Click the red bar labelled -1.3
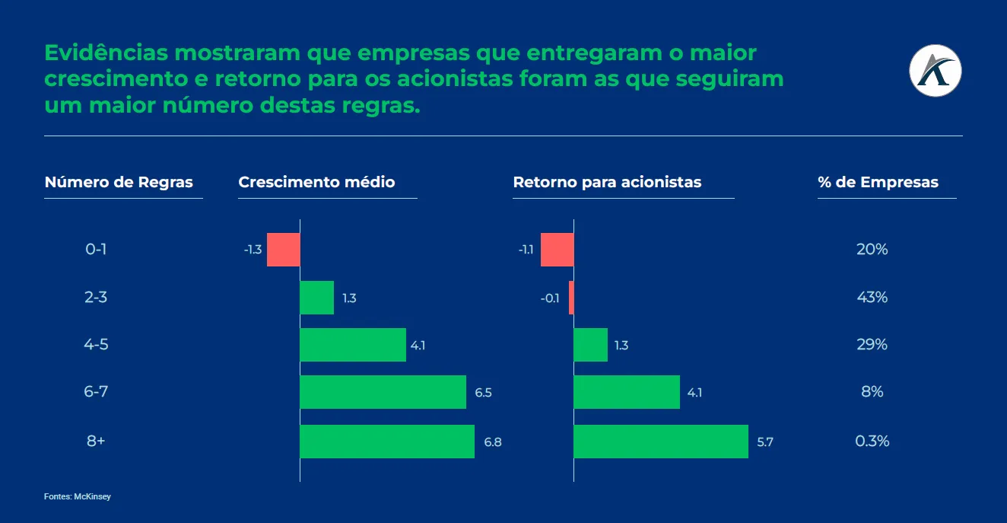point(283,250)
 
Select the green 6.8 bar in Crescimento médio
point(387,442)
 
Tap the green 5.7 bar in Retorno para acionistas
point(661,442)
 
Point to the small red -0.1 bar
point(571,298)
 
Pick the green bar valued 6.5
point(383,392)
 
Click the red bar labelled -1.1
point(557,250)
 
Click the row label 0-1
point(96,249)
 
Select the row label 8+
point(96,441)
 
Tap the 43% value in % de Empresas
point(872,297)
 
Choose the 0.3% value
point(872,441)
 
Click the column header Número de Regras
point(119,183)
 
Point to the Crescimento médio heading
point(316,183)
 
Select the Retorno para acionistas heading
point(607,183)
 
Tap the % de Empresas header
point(878,183)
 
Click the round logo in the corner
point(936,71)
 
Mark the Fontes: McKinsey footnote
point(78,496)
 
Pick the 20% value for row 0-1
point(872,249)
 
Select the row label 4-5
point(96,344)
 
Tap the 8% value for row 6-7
point(872,392)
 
